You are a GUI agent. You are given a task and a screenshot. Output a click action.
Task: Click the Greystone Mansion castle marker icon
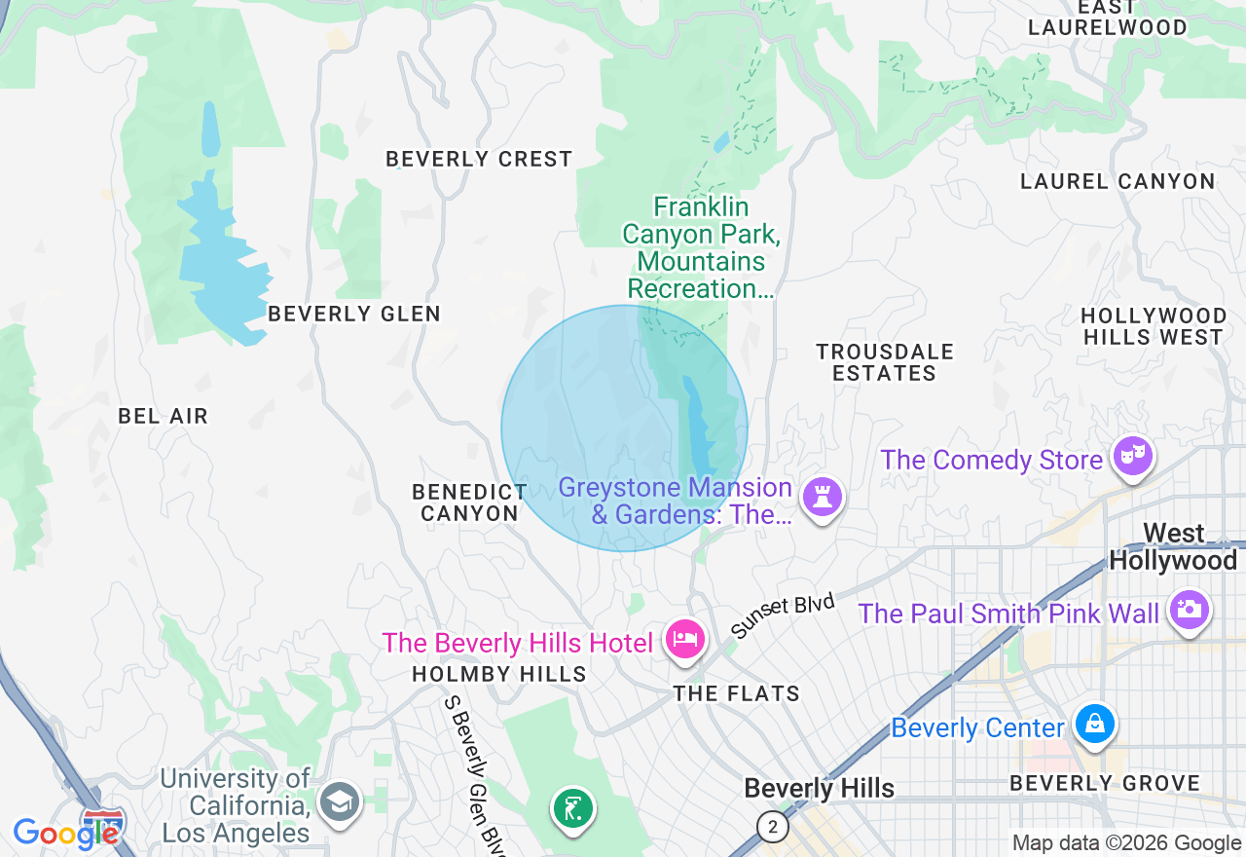pos(823,497)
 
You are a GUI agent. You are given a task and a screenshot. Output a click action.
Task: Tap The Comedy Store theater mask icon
pos(1133,456)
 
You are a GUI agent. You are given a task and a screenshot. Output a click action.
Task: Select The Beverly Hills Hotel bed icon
pos(685,640)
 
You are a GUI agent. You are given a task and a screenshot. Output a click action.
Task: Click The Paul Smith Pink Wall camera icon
pos(1189,610)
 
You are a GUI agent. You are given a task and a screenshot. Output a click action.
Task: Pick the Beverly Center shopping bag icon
pos(1095,724)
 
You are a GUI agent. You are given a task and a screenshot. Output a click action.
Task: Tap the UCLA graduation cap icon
pos(340,802)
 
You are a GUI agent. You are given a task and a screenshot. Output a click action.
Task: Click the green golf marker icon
pos(573,808)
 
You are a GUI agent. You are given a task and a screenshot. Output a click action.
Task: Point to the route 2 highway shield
pos(772,827)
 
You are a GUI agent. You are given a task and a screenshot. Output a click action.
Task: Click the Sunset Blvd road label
pos(783,616)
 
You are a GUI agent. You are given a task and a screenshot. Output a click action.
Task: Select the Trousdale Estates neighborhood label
pos(885,362)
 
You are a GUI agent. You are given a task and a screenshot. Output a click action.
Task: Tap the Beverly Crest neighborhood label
pos(479,159)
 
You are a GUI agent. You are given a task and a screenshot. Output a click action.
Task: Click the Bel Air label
pos(163,416)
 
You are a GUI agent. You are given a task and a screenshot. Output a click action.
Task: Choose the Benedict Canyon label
pos(470,503)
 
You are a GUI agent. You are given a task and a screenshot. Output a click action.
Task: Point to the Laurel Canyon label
pos(1118,181)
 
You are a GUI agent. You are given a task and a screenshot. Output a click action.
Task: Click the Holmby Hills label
pos(499,674)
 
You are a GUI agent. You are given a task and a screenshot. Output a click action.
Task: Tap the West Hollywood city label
pos(1173,547)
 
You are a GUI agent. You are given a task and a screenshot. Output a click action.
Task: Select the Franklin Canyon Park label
pos(701,247)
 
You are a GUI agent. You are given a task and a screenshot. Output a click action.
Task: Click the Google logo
pos(65,833)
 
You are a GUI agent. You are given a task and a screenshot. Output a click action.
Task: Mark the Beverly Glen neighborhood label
pos(354,314)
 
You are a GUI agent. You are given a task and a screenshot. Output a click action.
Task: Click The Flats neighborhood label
pos(737,693)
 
